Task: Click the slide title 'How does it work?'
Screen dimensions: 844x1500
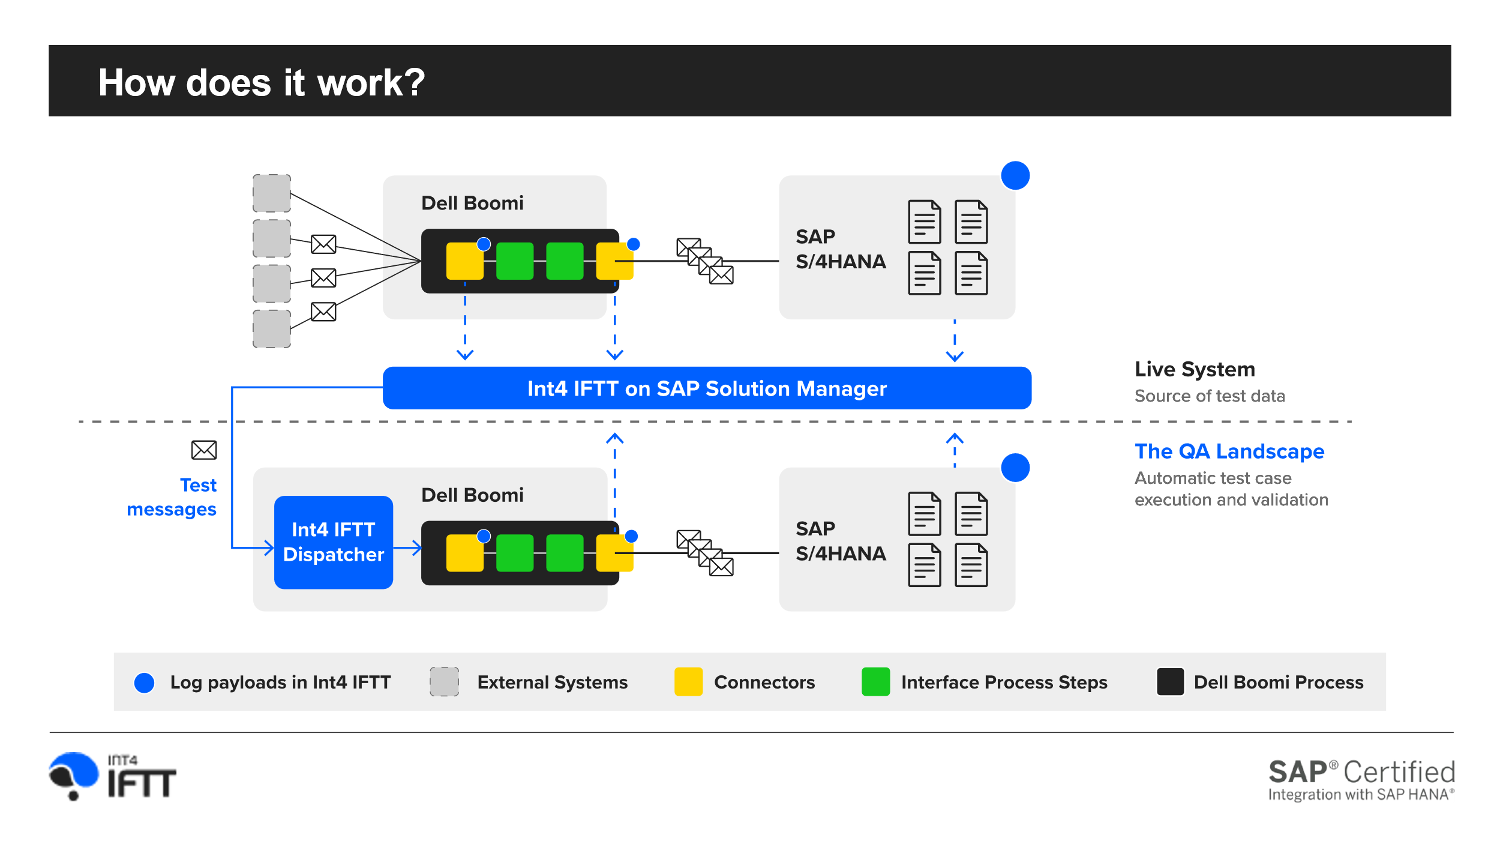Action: [x=261, y=82]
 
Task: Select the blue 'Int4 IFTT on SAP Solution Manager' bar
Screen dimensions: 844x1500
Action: [x=706, y=388]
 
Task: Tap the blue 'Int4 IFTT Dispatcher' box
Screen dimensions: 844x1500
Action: [x=333, y=542]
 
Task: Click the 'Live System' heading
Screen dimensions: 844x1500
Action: [x=1194, y=369]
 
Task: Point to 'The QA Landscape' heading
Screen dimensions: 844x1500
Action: [x=1229, y=451]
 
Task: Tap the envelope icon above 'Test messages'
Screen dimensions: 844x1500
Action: [x=204, y=450]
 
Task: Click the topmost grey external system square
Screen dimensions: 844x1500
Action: [x=271, y=193]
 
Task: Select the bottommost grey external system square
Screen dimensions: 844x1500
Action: [x=271, y=329]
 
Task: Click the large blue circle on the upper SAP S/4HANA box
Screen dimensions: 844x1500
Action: [x=1015, y=176]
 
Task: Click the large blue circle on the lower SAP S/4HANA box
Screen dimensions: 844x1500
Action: [x=1015, y=468]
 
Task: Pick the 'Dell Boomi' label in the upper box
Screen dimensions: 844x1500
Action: [x=472, y=203]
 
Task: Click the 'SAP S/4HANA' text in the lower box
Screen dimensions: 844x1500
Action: [x=840, y=541]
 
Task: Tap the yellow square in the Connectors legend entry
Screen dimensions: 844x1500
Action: [x=688, y=682]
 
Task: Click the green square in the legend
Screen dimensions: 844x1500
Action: [x=875, y=682]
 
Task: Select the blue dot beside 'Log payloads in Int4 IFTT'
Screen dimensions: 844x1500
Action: [x=144, y=683]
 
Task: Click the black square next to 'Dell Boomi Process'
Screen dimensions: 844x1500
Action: [x=1169, y=682]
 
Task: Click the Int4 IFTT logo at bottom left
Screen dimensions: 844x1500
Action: [x=113, y=776]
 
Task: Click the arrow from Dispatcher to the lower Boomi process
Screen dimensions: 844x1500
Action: [x=408, y=547]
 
